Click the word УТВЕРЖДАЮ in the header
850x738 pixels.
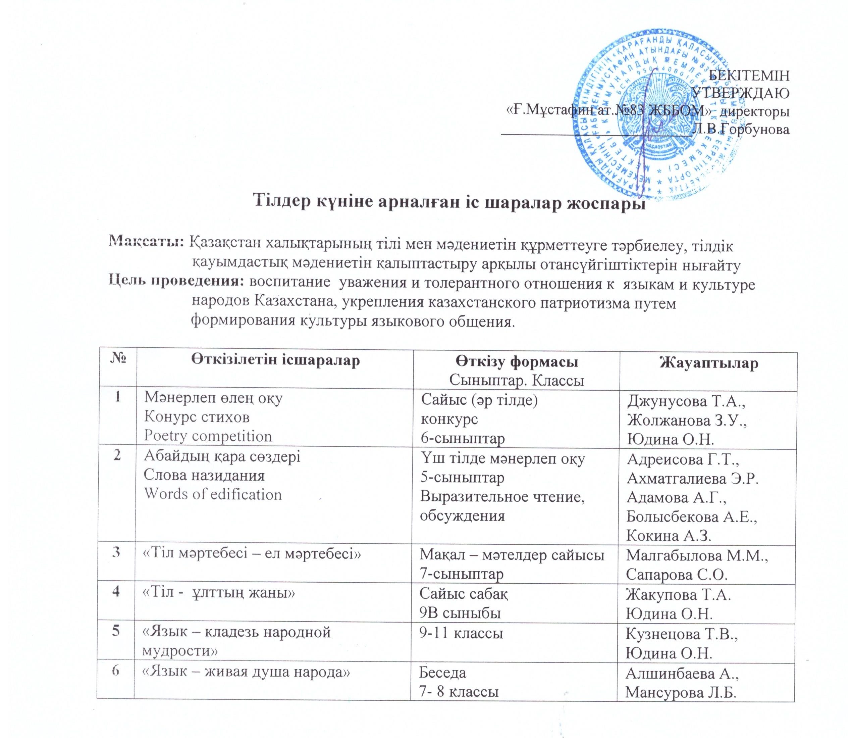(741, 94)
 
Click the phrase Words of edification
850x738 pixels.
(212, 494)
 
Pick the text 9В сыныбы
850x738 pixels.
(460, 613)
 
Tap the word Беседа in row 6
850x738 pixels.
(442, 684)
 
